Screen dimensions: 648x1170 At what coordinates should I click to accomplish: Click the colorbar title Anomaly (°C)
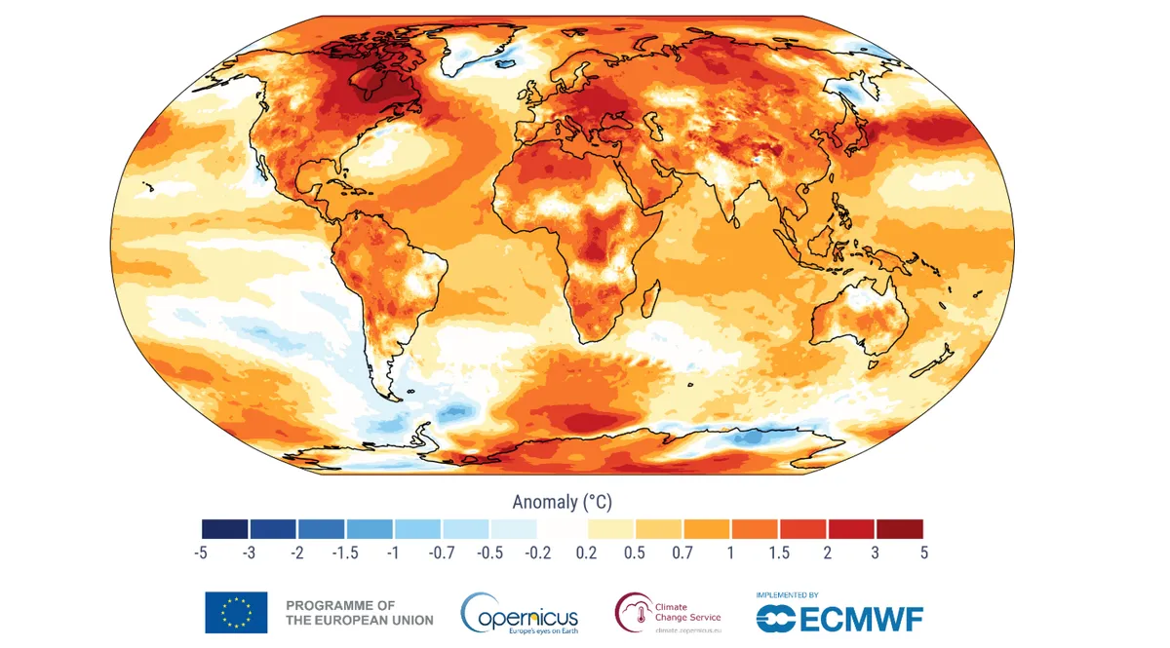562,502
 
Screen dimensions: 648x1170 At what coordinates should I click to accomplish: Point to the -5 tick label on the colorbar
202,553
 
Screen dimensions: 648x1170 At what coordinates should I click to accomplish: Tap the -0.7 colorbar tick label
441,553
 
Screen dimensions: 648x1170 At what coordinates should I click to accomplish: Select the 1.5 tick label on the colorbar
778,553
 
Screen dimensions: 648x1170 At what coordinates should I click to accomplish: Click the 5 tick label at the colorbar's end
922,553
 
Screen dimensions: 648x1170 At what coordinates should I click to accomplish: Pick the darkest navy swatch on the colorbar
225,529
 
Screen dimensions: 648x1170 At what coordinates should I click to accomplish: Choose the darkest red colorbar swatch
899,529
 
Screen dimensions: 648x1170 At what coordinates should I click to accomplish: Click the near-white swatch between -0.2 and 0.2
562,529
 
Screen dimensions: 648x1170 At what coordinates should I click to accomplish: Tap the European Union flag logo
236,612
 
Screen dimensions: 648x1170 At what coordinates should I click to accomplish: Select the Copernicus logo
520,613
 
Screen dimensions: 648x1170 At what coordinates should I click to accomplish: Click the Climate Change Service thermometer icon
634,613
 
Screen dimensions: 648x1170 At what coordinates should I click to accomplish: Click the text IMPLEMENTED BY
787,594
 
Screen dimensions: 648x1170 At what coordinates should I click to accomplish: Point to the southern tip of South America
390,395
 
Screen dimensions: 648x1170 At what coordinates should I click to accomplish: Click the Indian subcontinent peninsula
733,200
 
